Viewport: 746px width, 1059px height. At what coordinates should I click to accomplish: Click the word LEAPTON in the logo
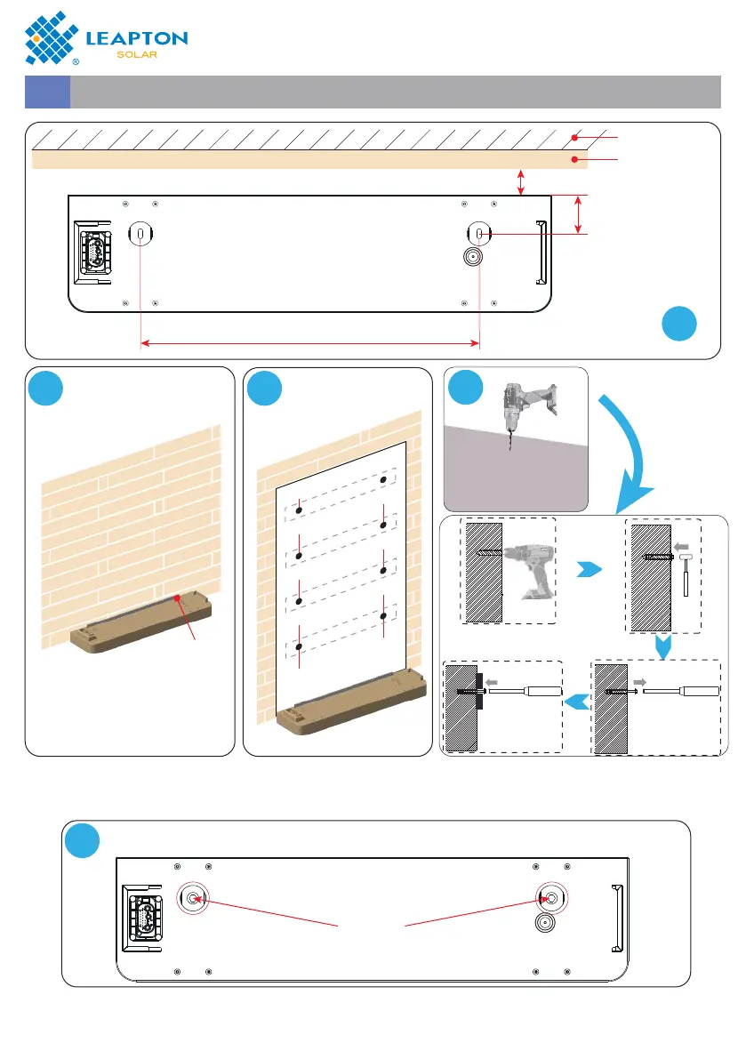[x=136, y=38]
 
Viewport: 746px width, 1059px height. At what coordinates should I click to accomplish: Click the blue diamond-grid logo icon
[x=54, y=36]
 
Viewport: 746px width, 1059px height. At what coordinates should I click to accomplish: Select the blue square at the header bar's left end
[x=47, y=92]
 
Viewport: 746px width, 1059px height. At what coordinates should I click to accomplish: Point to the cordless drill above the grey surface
[x=518, y=413]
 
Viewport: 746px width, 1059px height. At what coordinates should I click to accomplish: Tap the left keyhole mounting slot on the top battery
[x=142, y=234]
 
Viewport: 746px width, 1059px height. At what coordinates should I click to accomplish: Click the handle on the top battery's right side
[x=540, y=253]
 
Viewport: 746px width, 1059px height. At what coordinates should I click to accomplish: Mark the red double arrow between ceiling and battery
[x=521, y=182]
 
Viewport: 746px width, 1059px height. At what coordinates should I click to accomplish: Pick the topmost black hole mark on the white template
[x=383, y=479]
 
